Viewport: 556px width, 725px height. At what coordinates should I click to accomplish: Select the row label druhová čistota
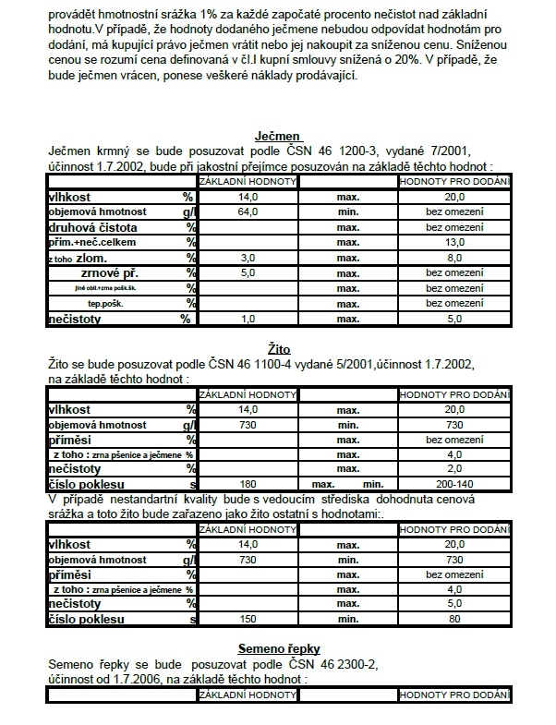(92, 226)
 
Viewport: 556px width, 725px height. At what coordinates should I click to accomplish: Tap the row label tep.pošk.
(104, 303)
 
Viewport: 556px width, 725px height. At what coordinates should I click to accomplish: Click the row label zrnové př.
(108, 272)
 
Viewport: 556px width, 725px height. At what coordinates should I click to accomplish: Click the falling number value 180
(247, 483)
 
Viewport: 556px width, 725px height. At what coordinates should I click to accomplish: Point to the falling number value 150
(247, 619)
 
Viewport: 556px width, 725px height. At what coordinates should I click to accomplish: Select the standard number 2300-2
(356, 665)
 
